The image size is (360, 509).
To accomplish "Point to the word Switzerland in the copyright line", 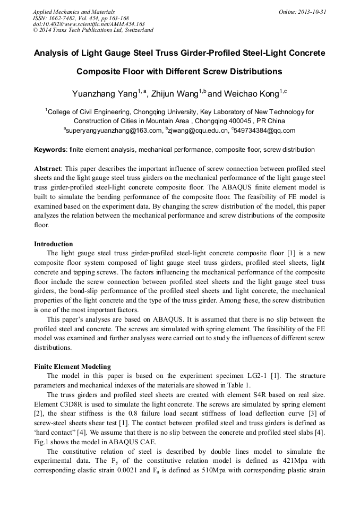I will pos(136,30).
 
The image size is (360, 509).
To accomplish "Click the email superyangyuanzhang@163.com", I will pos(114,131).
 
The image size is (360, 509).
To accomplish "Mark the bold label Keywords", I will pos(51,150).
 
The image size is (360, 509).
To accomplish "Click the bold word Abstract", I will pos(48,167).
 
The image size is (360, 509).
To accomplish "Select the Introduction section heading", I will pos(54,244).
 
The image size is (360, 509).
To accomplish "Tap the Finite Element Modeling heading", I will pos(73,366).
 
